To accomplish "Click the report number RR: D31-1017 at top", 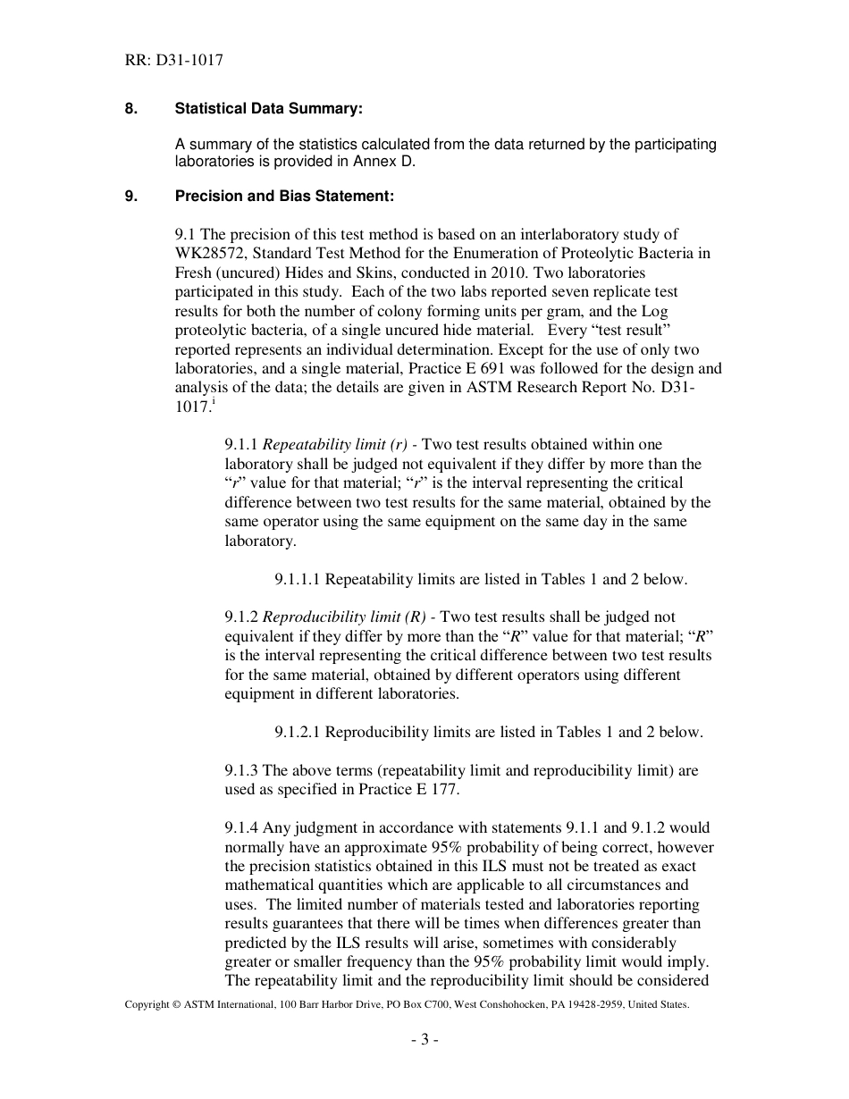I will pyautogui.click(x=174, y=61).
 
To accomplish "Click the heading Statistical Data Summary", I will pyautogui.click(x=269, y=108).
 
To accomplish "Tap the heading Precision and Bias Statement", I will pyautogui.click(x=284, y=196).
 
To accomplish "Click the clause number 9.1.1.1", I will pyautogui.click(x=298, y=579).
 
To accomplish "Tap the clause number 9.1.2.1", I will pyautogui.click(x=298, y=732).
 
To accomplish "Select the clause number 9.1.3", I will pyautogui.click(x=241, y=770).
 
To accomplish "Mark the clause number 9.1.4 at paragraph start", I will pyautogui.click(x=241, y=828).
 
